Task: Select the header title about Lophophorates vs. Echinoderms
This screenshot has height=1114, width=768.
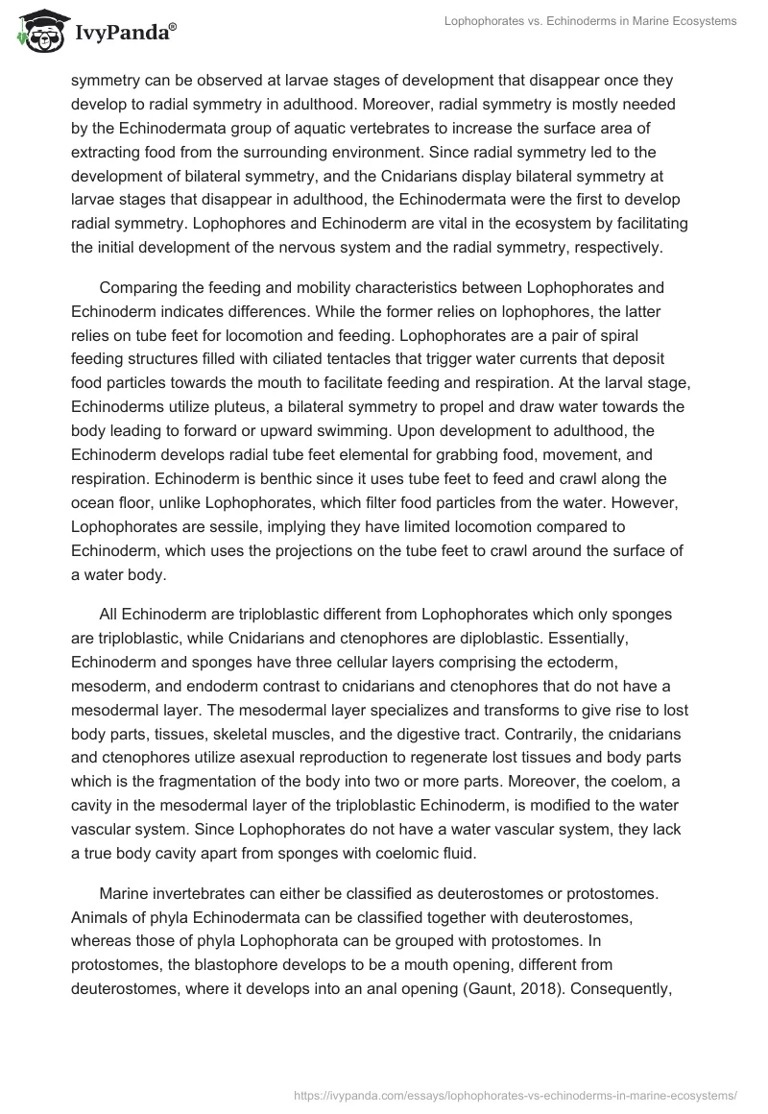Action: pyautogui.click(x=591, y=21)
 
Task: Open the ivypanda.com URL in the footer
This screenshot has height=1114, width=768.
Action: pyautogui.click(x=518, y=1093)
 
